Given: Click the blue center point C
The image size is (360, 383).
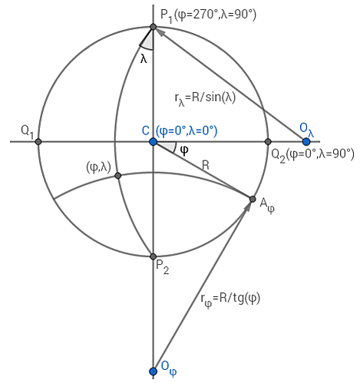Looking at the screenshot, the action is point(153,141).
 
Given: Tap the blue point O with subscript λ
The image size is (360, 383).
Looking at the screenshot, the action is point(306,141).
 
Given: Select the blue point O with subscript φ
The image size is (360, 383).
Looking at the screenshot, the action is point(153,371).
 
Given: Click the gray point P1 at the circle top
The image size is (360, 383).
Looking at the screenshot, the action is point(153,27).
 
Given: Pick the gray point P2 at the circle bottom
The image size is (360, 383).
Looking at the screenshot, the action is point(153,256).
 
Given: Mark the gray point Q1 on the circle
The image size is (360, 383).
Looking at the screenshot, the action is point(38,141).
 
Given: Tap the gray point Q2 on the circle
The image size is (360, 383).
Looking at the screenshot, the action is point(268,141).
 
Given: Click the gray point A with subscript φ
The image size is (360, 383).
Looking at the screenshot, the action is point(253,199).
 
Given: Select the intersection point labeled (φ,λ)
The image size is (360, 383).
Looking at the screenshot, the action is point(117,176).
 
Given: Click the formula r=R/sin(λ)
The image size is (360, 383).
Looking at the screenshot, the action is point(205,98).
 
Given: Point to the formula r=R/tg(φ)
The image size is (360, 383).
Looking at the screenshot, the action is point(230,299).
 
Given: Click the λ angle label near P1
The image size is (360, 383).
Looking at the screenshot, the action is point(144,58).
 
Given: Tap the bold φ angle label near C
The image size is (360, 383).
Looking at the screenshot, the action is point(184,150).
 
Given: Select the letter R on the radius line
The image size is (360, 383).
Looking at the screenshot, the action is point(206,166).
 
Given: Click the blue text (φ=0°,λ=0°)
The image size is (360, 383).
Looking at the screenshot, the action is point(187,131).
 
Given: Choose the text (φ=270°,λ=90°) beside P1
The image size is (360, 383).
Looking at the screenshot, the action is point(215,15).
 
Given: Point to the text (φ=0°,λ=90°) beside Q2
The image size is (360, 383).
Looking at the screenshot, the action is point(320,154).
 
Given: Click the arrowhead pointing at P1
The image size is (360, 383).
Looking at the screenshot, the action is point(160,32).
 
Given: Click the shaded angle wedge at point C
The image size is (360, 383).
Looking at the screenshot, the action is point(167,146).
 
